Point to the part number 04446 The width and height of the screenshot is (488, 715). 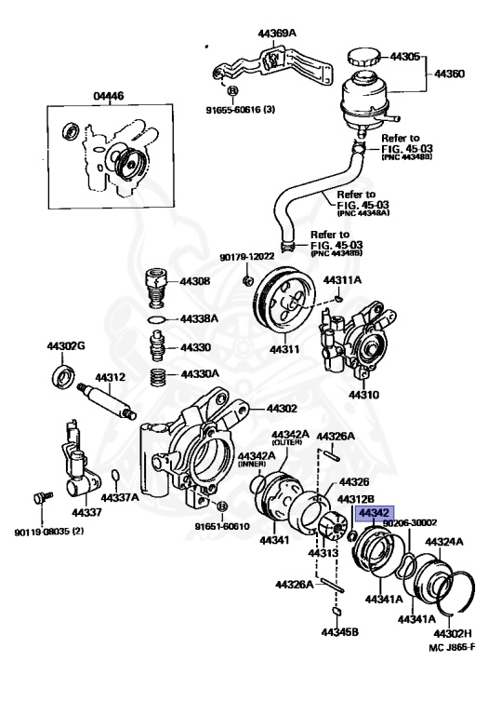(x=109, y=95)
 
